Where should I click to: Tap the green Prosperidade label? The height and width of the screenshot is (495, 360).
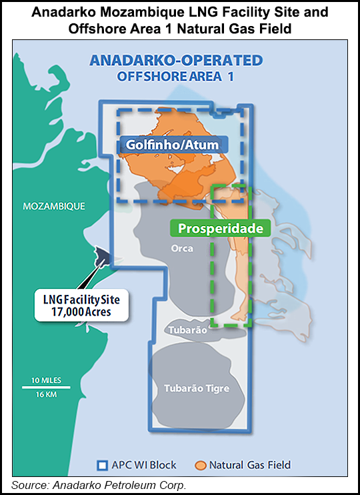point(221,228)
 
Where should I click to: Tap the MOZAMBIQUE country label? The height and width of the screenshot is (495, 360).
point(54,206)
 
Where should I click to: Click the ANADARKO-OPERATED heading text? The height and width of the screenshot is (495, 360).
point(177,61)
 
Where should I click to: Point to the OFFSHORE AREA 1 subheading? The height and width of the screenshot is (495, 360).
point(177,75)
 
